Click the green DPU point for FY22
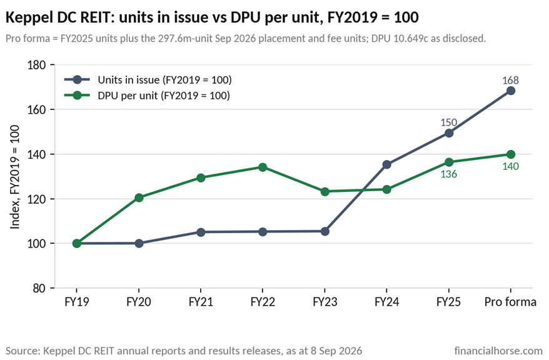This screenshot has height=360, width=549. click(263, 167)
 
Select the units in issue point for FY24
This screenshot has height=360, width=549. click(386, 164)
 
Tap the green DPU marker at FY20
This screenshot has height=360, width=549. click(139, 197)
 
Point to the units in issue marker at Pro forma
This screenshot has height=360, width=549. click(510, 91)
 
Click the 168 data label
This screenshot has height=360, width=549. click(510, 80)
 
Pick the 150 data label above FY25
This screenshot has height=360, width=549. click(448, 122)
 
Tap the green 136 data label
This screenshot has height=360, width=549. click(448, 174)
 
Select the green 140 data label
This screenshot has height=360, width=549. click(510, 166)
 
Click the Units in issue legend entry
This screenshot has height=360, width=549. click(148, 80)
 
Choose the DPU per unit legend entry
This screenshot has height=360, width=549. click(147, 96)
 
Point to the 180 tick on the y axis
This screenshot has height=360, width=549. click(37, 65)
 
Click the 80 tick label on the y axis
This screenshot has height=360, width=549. click(39, 288)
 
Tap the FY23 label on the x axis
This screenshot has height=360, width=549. click(325, 302)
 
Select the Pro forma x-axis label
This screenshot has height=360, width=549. click(510, 302)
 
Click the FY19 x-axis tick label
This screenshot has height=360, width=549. click(77, 302)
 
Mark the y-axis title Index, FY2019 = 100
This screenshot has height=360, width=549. click(14, 177)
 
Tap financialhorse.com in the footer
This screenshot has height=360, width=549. click(498, 351)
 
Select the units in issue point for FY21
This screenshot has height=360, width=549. click(201, 232)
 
